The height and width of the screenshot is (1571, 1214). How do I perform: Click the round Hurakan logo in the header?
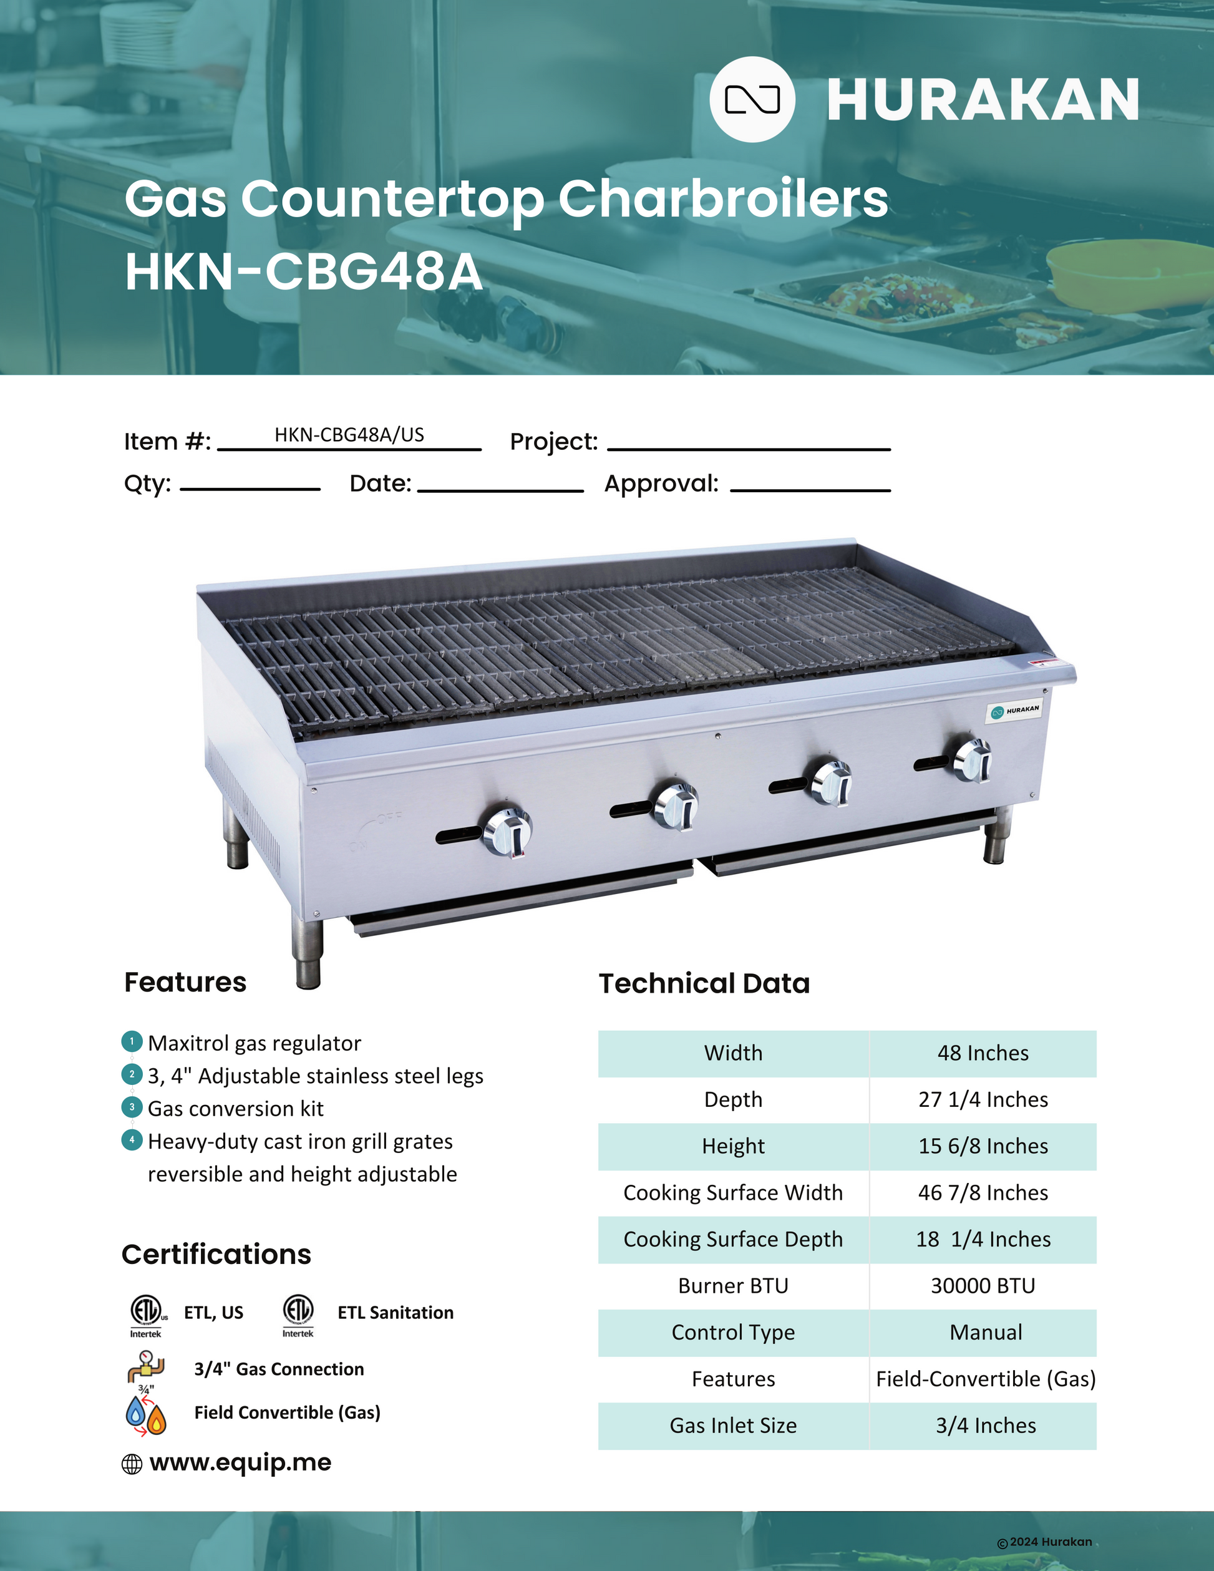point(752,99)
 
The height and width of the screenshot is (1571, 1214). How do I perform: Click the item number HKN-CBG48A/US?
point(349,434)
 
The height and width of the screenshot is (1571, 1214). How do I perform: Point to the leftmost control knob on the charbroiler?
point(507,833)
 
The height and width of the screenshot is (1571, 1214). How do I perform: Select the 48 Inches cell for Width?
point(983,1053)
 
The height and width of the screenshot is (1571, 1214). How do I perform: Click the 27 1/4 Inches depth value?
point(983,1100)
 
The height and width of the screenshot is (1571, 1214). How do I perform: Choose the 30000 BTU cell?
point(983,1285)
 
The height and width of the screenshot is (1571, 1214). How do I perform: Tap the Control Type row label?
point(733,1332)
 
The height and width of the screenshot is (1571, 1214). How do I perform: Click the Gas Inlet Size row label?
point(733,1425)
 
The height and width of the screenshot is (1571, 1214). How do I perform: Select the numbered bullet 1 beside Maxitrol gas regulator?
point(132,1041)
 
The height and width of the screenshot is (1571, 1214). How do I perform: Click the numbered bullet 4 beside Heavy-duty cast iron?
point(132,1140)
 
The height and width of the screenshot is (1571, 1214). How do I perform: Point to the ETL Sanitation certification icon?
point(298,1312)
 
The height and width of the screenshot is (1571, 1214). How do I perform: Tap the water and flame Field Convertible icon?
point(146,1415)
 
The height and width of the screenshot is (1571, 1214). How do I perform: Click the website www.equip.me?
point(240,1462)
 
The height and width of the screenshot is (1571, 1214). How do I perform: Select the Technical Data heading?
point(704,983)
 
